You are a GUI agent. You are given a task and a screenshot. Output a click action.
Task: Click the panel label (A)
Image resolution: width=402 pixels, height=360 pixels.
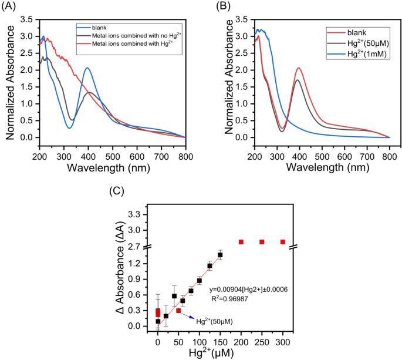pos(10,6)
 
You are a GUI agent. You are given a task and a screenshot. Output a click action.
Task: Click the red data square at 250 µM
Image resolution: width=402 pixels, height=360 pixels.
pos(262,242)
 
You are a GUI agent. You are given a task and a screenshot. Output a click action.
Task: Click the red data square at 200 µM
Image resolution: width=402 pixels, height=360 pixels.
pos(241,242)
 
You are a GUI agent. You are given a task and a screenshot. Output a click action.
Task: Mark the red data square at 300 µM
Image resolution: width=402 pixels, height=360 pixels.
pos(283,242)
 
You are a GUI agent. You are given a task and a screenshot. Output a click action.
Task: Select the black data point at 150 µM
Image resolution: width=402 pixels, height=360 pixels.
pos(220,255)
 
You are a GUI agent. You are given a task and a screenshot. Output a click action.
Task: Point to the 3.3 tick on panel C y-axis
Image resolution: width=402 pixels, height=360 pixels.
pos(140,215)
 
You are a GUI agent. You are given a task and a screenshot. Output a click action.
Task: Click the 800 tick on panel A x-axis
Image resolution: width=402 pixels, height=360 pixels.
pos(185,147)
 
